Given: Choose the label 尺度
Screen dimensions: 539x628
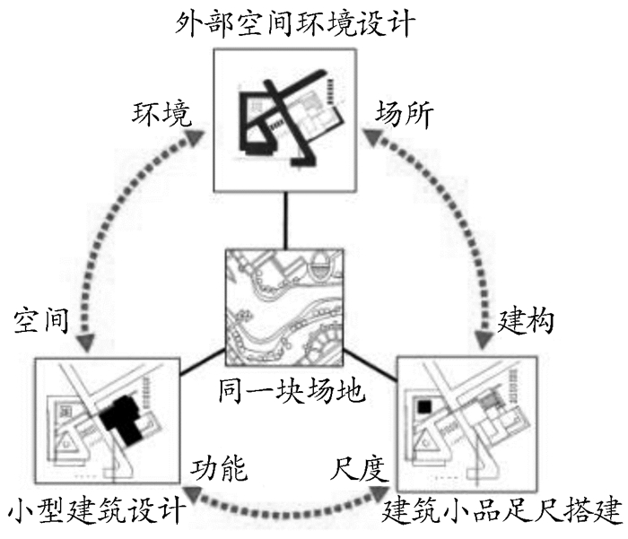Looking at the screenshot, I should coord(358,467).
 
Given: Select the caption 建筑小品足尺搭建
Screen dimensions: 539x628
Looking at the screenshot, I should coord(502,513).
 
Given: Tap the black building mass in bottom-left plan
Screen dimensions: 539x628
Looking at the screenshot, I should coord(118,422).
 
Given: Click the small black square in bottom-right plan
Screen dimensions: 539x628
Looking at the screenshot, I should coord(422,408).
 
